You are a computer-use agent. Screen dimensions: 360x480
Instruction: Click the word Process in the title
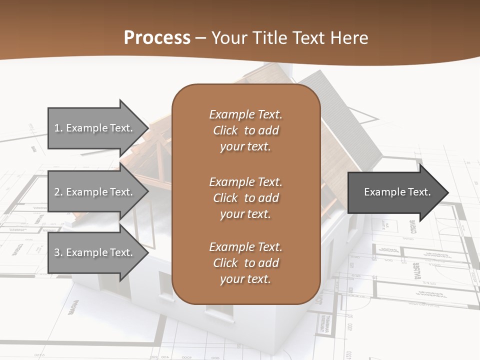coord(157,38)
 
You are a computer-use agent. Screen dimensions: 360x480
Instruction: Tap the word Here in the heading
coord(349,38)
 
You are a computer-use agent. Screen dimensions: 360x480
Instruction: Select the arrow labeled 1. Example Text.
coord(95,128)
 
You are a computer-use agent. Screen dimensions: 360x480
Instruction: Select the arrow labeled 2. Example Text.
coord(95,192)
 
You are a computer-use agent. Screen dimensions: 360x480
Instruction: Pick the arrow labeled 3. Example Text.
coord(95,252)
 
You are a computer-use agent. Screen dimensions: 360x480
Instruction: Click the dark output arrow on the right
coord(395,192)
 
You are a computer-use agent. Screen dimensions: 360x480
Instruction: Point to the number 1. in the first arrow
coord(58,128)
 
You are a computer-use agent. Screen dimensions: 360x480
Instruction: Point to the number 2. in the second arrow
coord(58,192)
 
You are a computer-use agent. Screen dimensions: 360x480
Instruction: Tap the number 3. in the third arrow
coord(58,252)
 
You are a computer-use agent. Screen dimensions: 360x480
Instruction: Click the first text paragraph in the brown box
coord(245,130)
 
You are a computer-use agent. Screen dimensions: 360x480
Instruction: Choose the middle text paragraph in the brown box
coord(245,198)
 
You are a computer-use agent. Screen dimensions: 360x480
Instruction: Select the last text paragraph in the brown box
coord(245,263)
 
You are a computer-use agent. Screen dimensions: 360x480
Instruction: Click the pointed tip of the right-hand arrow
coord(446,192)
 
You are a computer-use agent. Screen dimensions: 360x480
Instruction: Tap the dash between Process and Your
coord(201,38)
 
